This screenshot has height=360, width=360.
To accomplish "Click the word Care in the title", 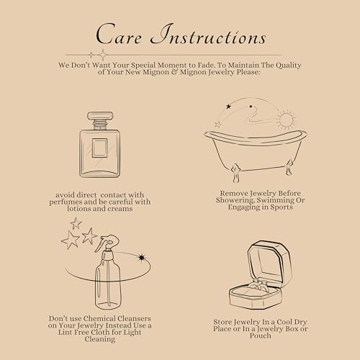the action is [x=119, y=34].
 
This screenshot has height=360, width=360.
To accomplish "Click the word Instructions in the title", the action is [x=208, y=34].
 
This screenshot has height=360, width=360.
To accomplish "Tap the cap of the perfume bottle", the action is [x=100, y=116].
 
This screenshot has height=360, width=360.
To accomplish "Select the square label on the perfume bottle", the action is [x=99, y=148].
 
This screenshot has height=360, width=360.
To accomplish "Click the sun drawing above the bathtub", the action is [x=286, y=120].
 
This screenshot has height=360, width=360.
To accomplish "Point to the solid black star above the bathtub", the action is [x=228, y=107].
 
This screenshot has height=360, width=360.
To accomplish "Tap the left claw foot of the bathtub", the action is [x=235, y=174].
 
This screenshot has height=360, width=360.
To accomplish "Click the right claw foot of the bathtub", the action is [x=289, y=167].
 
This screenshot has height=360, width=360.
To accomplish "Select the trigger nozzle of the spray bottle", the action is [x=107, y=243].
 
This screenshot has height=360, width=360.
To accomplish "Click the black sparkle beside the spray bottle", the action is [x=142, y=258].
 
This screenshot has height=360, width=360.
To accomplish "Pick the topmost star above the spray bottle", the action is [x=76, y=223].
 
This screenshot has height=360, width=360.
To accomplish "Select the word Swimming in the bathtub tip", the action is [x=272, y=200].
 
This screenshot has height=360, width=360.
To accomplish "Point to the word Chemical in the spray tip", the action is [x=100, y=318].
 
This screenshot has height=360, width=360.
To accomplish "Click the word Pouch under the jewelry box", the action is [x=261, y=336].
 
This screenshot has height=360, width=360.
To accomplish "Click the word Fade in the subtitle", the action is [x=206, y=65].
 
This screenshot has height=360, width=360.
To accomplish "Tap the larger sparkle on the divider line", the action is [x=103, y=55].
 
